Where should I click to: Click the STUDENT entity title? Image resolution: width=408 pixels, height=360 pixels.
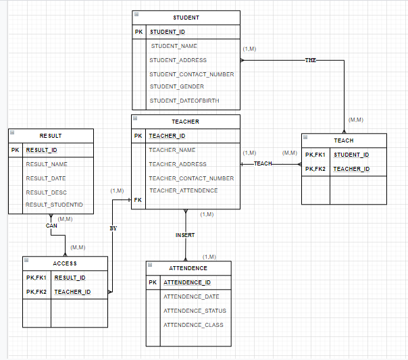tap(186, 17)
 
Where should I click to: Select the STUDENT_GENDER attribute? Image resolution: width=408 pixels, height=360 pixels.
tap(176, 86)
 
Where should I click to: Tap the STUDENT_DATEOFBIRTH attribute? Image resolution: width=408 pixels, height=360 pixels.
tap(184, 101)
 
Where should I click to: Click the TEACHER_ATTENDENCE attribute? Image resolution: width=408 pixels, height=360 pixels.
tap(183, 190)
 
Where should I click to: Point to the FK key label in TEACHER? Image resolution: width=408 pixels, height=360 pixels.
tap(138, 201)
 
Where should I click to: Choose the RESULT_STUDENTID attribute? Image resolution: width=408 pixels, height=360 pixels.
tap(54, 205)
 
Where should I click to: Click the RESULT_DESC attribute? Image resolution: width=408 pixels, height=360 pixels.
tap(46, 192)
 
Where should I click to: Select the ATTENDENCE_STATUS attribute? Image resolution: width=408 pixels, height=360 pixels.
tap(195, 311)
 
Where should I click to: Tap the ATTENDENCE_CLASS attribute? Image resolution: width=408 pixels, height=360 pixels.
tap(193, 325)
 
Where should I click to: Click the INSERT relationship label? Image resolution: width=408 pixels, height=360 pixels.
tap(185, 235)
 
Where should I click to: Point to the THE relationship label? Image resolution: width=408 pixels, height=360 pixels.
tap(311, 60)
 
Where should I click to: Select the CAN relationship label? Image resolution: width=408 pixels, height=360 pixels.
tap(52, 226)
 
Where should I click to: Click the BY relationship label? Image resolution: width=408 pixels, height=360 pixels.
tap(113, 228)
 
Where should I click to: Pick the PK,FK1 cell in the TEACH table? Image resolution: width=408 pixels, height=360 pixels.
tap(315, 155)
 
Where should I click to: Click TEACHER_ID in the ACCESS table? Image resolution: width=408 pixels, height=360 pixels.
tap(72, 292)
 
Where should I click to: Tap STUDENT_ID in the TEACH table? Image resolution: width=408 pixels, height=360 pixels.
tap(351, 155)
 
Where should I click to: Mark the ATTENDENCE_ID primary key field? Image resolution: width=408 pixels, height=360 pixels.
tap(187, 282)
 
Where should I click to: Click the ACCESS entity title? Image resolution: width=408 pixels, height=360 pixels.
tap(65, 263)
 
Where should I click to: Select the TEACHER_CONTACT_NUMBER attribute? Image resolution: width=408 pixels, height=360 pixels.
tap(191, 178)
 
